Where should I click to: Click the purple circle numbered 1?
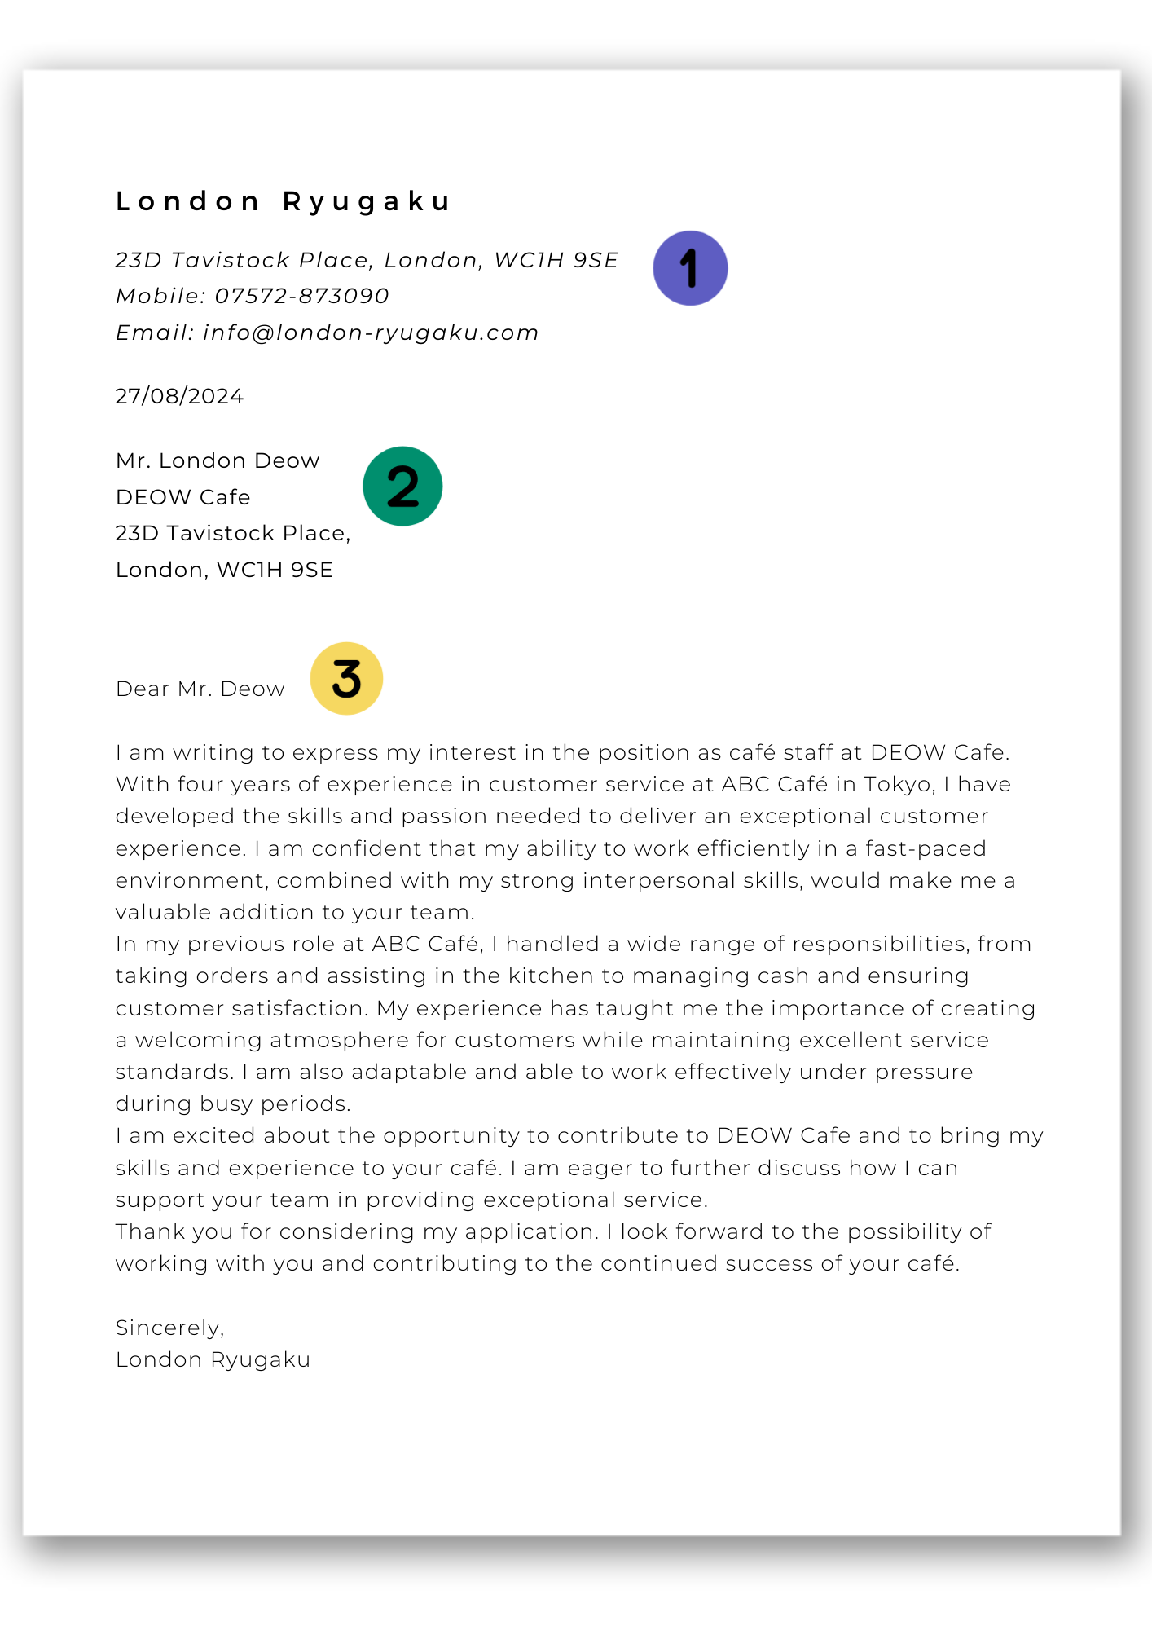pos(690,268)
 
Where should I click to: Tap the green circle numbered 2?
pos(402,487)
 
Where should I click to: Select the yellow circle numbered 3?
pos(346,679)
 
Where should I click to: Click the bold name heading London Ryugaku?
pos(283,201)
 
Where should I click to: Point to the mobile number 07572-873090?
pos(302,296)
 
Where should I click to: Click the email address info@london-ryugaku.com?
pos(371,333)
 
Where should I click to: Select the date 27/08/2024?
pos(179,397)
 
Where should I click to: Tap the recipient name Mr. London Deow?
pos(218,461)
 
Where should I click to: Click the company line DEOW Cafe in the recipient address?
pos(182,497)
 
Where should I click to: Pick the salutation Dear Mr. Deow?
pos(200,689)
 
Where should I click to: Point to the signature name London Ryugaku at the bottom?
pos(213,1360)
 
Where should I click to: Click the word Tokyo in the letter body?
pos(898,785)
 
